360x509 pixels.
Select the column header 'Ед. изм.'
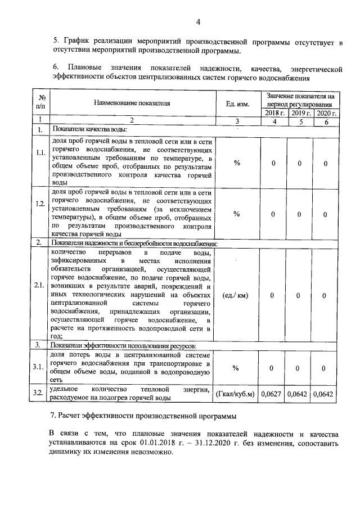coord(237,103)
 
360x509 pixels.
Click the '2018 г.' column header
coord(273,113)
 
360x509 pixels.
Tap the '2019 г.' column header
coord(300,113)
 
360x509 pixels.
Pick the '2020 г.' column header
coord(326,113)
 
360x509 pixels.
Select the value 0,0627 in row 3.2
coord(273,394)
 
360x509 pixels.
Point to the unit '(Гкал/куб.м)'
coord(236,394)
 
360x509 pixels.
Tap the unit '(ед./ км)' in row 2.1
coord(236,295)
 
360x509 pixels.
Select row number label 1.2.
coord(40,214)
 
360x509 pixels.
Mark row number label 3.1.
coord(40,367)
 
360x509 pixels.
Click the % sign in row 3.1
coord(236,367)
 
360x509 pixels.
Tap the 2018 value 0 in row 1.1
coord(273,163)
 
